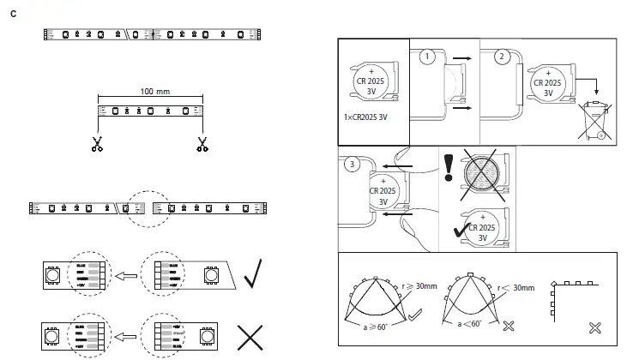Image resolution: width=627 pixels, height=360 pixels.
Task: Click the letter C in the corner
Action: point(13,13)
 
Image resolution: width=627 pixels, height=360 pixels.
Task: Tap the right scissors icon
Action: point(202,144)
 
